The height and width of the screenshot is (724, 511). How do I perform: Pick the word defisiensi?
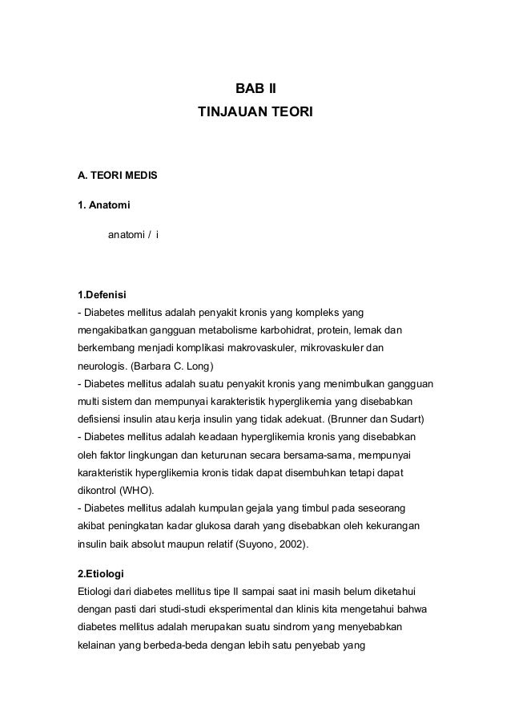click(99, 419)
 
